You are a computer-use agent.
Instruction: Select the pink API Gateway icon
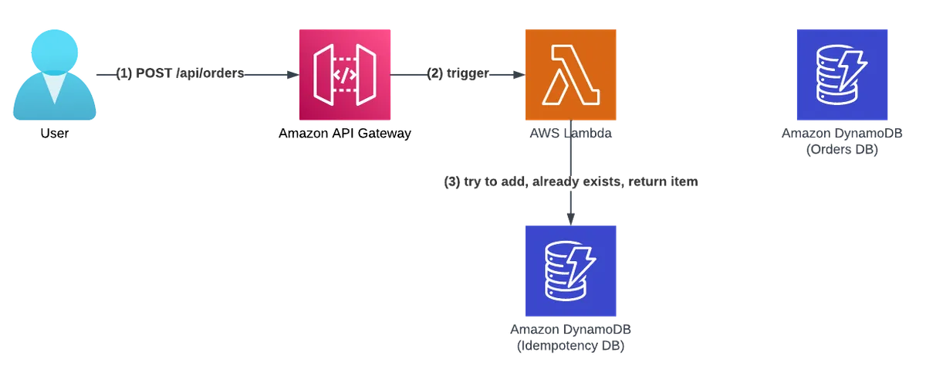(345, 74)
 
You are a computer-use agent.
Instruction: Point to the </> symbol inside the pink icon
(345, 75)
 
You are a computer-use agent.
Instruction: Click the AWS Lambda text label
(570, 134)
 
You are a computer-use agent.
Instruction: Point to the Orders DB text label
(842, 142)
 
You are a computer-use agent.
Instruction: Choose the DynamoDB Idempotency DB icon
(570, 271)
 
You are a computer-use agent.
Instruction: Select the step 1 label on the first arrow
(181, 75)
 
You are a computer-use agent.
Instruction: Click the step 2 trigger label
(457, 75)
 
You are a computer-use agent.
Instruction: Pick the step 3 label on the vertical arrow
(570, 184)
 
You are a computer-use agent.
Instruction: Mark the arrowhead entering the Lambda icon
(518, 75)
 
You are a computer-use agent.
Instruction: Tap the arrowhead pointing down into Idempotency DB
(570, 218)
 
